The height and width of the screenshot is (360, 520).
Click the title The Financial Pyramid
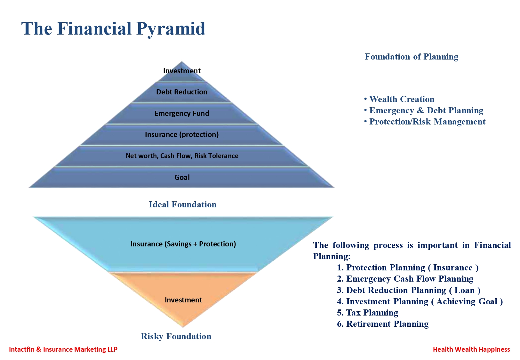coord(113,28)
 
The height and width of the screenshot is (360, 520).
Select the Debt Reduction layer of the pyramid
coord(181,92)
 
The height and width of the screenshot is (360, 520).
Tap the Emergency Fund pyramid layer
coord(181,114)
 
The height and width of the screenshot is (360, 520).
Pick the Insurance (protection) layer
coord(181,135)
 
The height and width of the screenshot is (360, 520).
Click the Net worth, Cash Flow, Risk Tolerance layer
coord(181,156)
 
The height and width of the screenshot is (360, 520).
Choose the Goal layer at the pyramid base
coord(181,178)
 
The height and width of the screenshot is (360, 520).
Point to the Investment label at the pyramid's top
coord(182,71)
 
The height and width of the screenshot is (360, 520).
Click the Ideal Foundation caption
coord(182,204)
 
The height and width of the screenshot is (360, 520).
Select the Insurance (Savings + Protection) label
coord(183,244)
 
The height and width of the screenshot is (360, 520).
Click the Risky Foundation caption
coord(176,336)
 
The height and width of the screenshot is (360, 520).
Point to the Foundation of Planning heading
coord(412,57)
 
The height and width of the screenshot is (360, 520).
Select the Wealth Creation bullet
coord(399,99)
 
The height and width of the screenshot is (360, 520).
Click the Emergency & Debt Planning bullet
coord(424,110)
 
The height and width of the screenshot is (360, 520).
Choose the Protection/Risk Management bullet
coord(425,122)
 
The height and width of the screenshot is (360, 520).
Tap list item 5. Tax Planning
coord(367,313)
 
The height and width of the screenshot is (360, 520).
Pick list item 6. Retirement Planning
coord(383,324)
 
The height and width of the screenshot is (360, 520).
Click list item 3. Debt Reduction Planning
coord(409,290)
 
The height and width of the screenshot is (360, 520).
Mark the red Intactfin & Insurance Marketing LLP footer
coord(63,349)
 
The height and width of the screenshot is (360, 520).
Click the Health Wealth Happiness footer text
coord(471,349)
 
